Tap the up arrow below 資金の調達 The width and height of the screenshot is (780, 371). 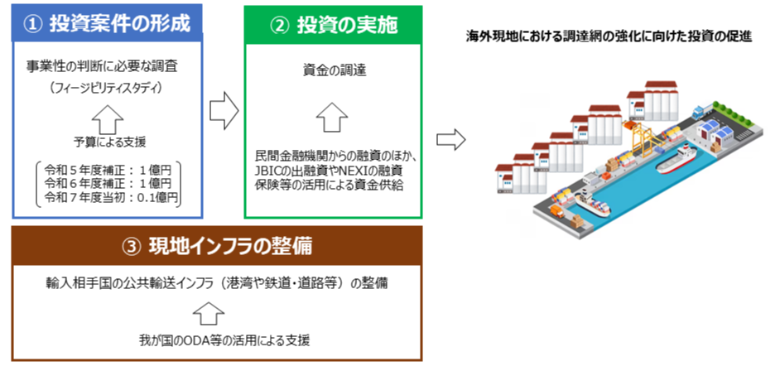330,116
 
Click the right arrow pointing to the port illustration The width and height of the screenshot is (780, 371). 448,138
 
